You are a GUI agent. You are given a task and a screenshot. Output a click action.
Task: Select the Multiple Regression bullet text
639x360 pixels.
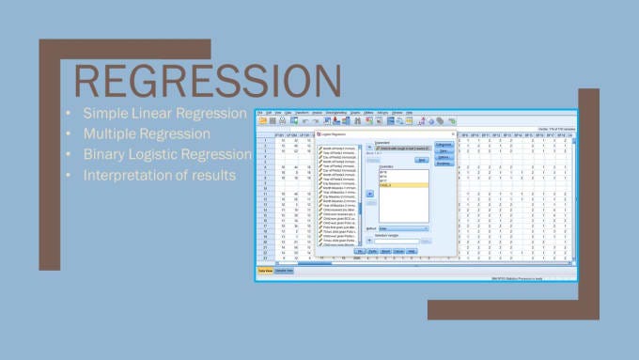click(x=145, y=133)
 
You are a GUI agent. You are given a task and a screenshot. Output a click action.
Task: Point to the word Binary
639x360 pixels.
click(x=106, y=154)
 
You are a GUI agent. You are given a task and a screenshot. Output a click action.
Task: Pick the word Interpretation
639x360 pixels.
click(x=132, y=175)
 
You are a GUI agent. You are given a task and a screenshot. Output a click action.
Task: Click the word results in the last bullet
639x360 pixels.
click(x=213, y=175)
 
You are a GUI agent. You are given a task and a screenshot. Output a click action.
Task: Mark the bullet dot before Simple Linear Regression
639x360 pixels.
click(x=68, y=114)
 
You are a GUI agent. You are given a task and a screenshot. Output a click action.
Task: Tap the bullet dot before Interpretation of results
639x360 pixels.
click(x=68, y=176)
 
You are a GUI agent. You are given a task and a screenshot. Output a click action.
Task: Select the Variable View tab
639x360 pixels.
click(x=284, y=271)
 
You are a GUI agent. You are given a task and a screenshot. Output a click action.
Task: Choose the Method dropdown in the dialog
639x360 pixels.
click(x=405, y=227)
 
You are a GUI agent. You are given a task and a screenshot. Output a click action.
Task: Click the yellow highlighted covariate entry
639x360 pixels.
click(x=402, y=185)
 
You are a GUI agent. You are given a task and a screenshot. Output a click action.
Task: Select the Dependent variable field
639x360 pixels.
click(x=402, y=149)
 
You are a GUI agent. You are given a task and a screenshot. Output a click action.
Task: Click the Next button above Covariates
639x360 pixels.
click(x=422, y=160)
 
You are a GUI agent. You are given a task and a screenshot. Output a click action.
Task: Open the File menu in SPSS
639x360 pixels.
click(x=259, y=113)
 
